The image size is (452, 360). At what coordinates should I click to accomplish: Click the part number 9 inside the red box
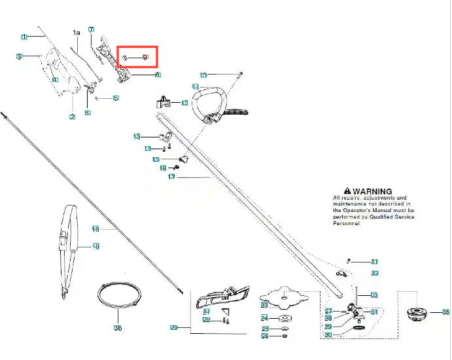(x=145, y=58)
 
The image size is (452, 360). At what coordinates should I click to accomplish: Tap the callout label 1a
(x=76, y=32)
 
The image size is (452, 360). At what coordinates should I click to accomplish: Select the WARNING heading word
(x=373, y=191)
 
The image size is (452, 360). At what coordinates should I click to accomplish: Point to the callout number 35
(x=446, y=312)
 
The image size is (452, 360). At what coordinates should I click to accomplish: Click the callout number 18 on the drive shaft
(x=96, y=229)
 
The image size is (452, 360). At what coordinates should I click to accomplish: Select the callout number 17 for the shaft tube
(x=172, y=177)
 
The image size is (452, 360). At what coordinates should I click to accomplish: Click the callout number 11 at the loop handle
(x=195, y=86)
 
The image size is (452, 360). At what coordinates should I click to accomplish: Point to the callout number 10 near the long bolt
(x=203, y=75)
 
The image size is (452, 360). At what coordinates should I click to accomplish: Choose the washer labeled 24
(x=285, y=318)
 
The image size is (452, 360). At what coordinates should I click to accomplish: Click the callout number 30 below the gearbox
(x=328, y=334)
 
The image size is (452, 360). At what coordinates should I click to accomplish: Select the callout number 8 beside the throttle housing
(x=158, y=75)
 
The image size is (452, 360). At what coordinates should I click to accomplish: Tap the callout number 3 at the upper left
(x=20, y=57)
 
